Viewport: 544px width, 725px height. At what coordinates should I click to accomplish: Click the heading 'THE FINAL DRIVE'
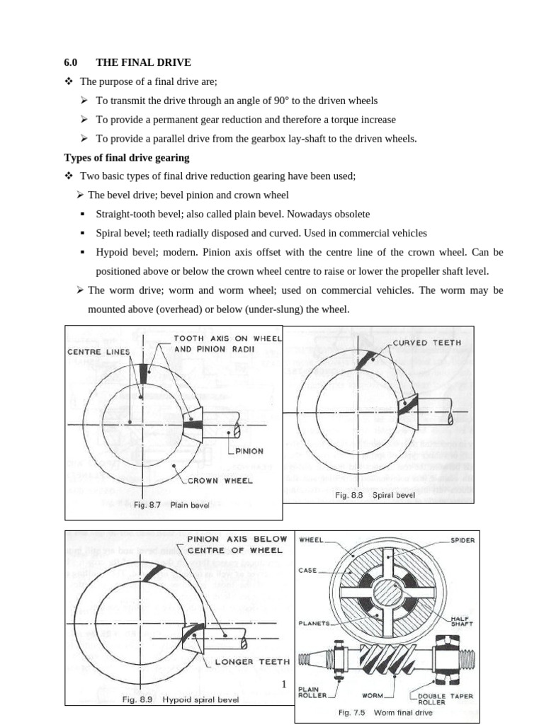143,63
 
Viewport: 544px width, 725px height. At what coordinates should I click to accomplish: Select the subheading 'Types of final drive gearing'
127,157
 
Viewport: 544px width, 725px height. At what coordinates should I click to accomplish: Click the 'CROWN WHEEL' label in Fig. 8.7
220,480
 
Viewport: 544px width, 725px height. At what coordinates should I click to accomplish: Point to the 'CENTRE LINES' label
98,352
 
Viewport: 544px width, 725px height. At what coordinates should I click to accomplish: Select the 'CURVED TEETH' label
426,343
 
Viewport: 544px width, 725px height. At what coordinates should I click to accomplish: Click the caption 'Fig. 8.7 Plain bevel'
171,506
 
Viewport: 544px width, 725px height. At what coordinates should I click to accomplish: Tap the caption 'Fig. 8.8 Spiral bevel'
375,496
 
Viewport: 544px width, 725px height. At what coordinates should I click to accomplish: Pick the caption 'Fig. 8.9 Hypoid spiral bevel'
181,700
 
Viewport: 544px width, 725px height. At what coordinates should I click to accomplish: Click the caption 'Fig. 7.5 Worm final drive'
385,712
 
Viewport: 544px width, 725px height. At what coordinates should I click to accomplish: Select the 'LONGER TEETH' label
251,662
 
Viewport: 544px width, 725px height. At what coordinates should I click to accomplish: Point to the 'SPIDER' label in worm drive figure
463,540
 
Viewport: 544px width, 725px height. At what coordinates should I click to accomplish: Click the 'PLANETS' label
314,623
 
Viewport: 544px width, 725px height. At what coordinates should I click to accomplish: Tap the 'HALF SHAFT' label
463,620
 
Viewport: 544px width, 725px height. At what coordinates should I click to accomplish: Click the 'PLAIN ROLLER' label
312,692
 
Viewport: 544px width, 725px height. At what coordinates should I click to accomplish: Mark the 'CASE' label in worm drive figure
308,569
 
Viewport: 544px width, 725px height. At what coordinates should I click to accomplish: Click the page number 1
283,684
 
